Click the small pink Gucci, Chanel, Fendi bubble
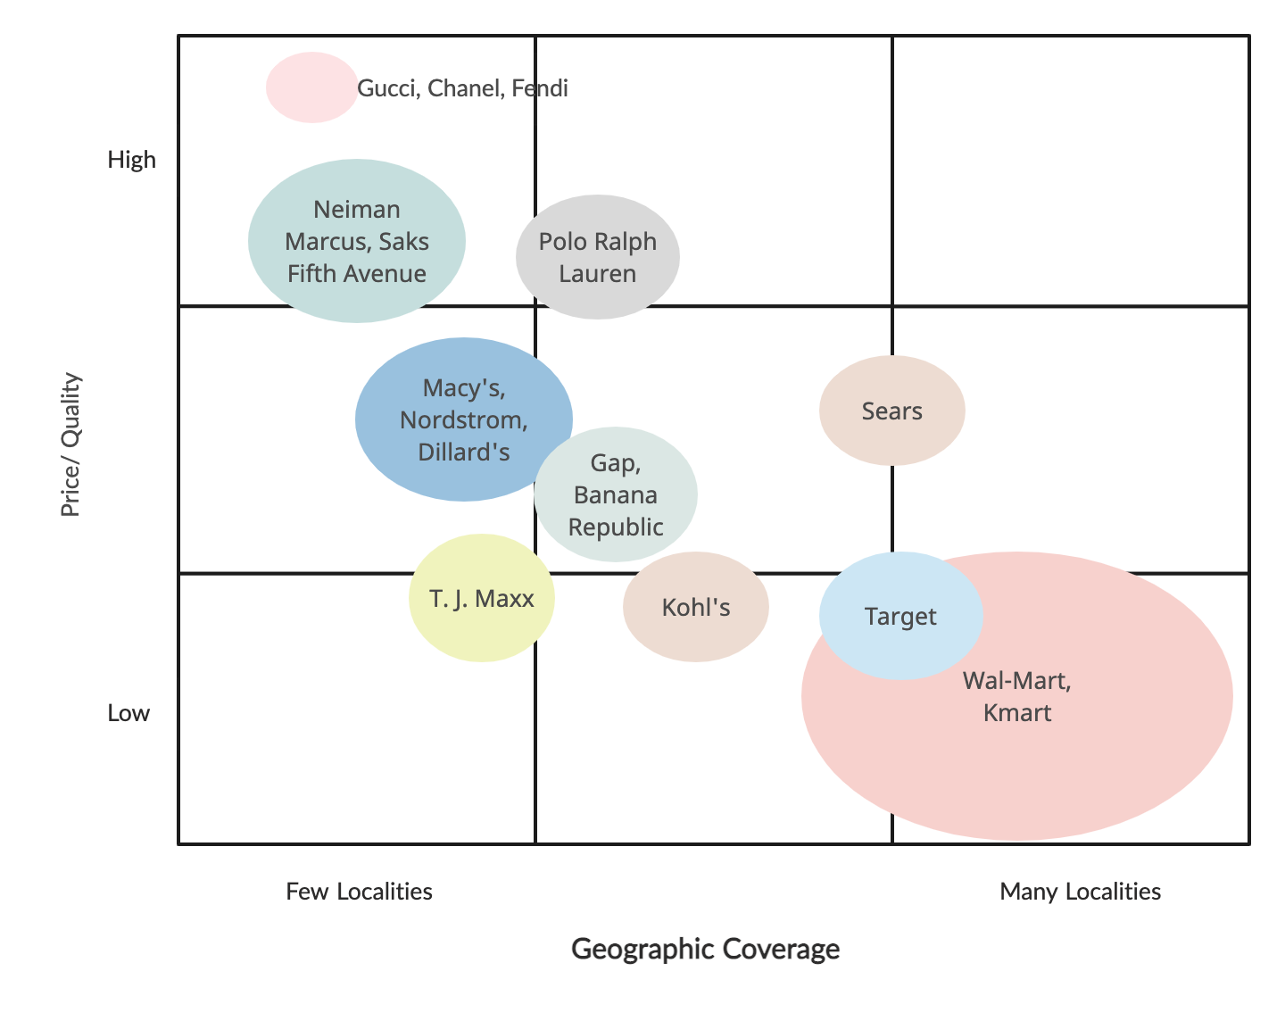[x=311, y=87]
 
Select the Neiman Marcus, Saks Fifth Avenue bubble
[x=356, y=241]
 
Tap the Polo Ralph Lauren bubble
[x=597, y=257]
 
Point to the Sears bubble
[x=891, y=411]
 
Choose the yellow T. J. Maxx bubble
[x=481, y=598]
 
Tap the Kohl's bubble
[x=695, y=607]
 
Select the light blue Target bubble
[x=900, y=616]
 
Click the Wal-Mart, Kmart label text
[x=1017, y=696]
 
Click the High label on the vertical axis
[x=132, y=160]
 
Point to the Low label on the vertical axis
[x=129, y=713]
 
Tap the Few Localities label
[x=360, y=891]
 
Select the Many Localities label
[x=1081, y=891]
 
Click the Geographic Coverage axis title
[x=705, y=948]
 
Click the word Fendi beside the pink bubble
[x=540, y=88]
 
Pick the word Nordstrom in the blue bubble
[x=464, y=419]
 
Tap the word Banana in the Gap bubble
[x=616, y=494]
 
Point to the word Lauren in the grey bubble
[x=597, y=273]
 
